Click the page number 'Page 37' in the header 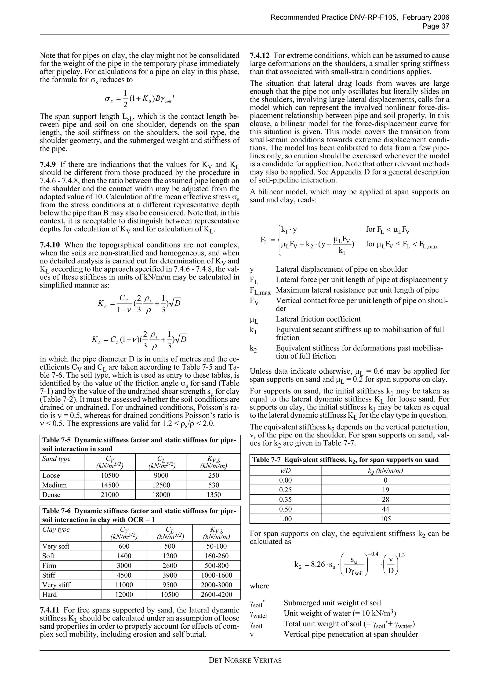point(436,26)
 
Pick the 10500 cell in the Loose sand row point(109,475)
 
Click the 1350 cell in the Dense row point(213,495)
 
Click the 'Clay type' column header point(56,529)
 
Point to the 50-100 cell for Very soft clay point(216,546)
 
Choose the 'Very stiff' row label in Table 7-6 point(56,585)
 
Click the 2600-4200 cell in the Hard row point(216,594)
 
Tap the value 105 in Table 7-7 point(385,519)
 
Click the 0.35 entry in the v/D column point(285,500)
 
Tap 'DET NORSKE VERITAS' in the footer point(245,660)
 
